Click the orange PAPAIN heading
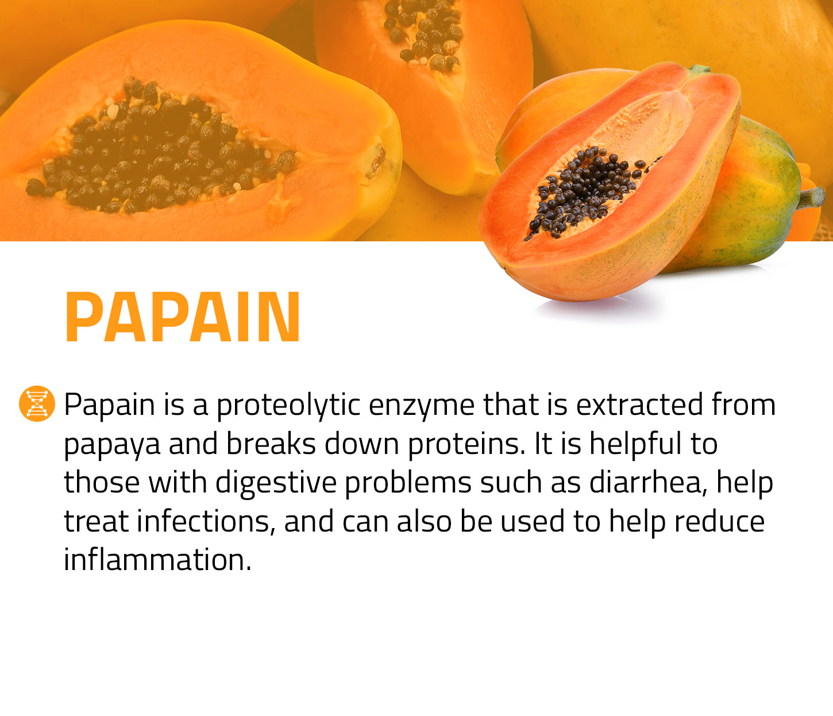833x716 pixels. (x=183, y=317)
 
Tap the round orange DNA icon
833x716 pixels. (x=37, y=403)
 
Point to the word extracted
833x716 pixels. (x=639, y=405)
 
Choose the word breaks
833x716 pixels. (x=271, y=443)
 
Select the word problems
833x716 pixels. (x=408, y=482)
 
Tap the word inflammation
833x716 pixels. (x=157, y=560)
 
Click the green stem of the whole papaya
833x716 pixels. (x=811, y=198)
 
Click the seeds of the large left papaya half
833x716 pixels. (x=161, y=149)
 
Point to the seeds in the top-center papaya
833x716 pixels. (x=423, y=34)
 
